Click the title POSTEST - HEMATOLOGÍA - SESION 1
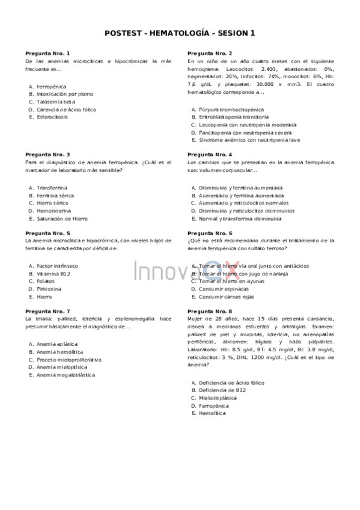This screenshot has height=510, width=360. [179, 34]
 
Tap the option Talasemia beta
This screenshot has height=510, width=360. [56, 102]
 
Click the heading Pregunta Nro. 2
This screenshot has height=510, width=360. [210, 54]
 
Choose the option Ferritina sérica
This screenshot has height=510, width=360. [55, 195]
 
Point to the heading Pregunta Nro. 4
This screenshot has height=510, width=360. [210, 155]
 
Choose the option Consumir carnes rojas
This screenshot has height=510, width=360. [227, 296]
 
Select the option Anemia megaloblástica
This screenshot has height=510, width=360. [66, 375]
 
